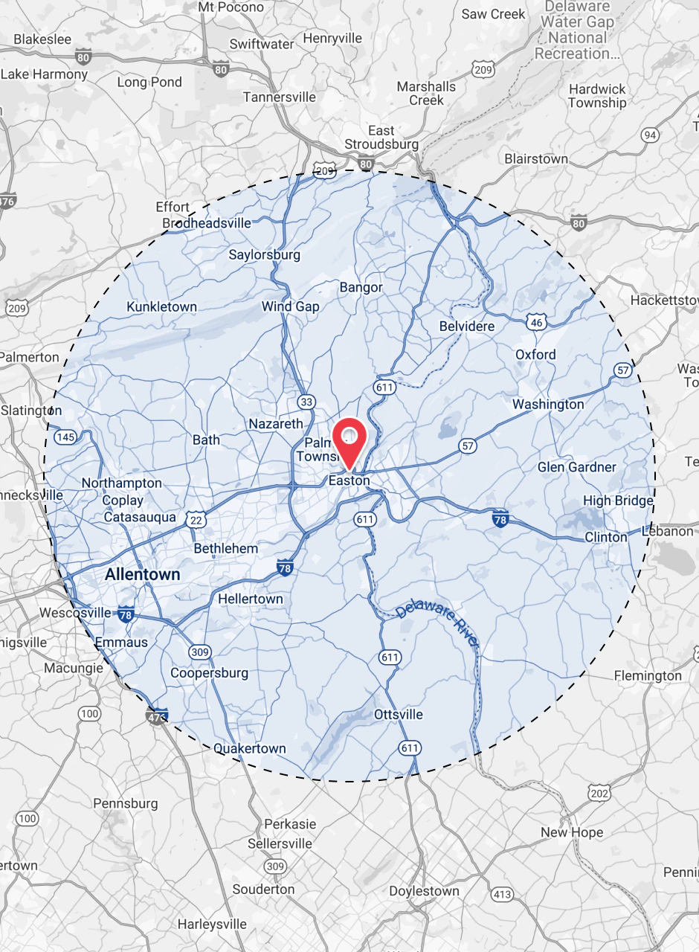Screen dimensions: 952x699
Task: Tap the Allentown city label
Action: [x=143, y=574]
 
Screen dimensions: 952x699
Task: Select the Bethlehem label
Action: [x=226, y=548]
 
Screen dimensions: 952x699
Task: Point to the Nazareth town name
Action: [x=276, y=424]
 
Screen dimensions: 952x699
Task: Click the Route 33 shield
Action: [x=306, y=402]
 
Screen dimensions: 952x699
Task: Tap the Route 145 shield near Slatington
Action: [x=65, y=437]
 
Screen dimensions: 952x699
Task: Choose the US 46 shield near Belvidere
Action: [x=537, y=321]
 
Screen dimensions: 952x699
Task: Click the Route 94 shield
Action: [x=650, y=135]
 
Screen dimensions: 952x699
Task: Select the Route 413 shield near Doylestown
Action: [x=503, y=894]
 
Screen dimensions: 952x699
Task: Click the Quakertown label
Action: [x=250, y=748]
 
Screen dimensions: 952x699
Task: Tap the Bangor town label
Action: [x=361, y=287]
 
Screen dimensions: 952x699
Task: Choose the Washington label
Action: [x=548, y=404]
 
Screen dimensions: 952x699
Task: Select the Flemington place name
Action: [x=648, y=675]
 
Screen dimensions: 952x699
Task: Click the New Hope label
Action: [x=572, y=832]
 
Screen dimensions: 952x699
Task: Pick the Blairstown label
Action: [x=536, y=158]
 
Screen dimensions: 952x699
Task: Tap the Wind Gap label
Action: [x=291, y=306]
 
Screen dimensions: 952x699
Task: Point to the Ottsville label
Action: [x=399, y=715]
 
